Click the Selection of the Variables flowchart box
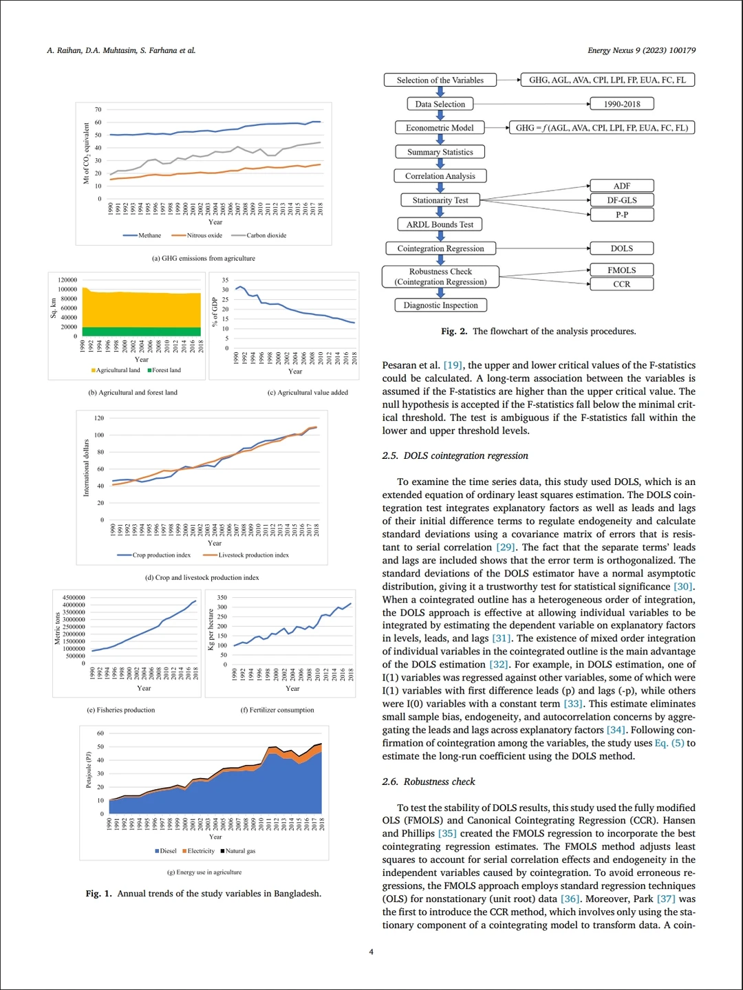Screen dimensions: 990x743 point(440,80)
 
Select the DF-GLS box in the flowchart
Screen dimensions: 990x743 point(621,200)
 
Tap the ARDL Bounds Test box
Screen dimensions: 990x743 point(440,224)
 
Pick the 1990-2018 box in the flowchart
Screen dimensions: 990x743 point(621,104)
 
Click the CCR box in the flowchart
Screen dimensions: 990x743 point(621,284)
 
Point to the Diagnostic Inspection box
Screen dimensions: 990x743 point(440,305)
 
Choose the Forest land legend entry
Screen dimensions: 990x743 point(166,370)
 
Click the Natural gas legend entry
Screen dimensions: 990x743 point(239,851)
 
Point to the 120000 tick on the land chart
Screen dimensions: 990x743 point(67,280)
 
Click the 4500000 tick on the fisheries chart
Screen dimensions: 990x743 point(74,598)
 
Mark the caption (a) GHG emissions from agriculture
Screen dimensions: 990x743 point(203,259)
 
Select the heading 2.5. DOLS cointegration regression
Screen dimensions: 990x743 point(455,455)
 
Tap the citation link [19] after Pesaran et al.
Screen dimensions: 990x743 point(453,365)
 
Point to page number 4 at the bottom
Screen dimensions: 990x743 point(371,951)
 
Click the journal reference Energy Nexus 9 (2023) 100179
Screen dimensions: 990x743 point(641,50)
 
